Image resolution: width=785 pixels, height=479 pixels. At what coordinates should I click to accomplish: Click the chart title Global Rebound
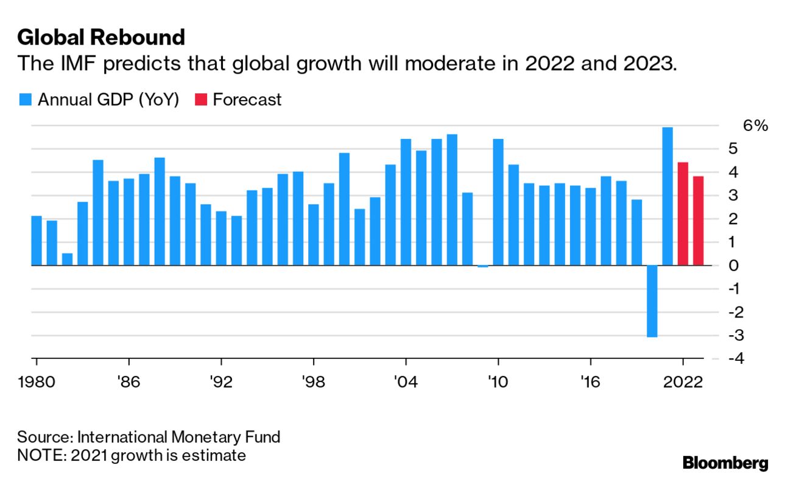click(101, 38)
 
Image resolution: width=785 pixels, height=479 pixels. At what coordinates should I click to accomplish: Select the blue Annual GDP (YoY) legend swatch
click(25, 100)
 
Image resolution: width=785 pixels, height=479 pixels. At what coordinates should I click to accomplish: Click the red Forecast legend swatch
click(201, 100)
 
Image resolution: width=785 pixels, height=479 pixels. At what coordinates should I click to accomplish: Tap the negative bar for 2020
click(652, 301)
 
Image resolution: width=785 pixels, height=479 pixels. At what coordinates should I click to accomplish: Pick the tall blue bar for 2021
click(667, 196)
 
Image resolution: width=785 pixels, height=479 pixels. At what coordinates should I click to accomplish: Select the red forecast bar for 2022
click(683, 214)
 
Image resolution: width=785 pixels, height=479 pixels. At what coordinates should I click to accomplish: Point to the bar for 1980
click(37, 241)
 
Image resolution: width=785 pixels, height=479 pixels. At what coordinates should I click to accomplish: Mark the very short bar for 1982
click(67, 259)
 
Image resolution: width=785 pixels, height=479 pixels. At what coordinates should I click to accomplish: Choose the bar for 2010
click(498, 202)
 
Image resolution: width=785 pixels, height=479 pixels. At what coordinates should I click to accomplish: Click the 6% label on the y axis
click(756, 126)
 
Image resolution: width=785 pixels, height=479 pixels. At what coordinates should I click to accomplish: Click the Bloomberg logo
click(725, 463)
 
